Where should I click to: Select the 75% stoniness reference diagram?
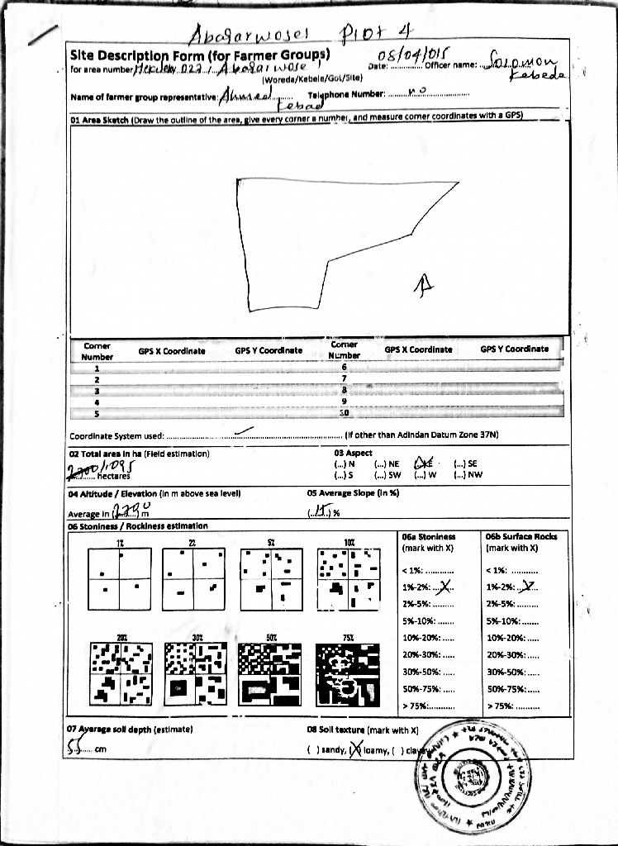tap(348, 675)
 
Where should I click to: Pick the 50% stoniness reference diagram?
tap(270, 675)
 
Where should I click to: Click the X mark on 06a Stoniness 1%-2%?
tap(445, 587)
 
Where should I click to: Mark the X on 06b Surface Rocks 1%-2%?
tap(530, 587)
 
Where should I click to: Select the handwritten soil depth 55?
tap(78, 746)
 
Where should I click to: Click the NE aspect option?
tap(387, 464)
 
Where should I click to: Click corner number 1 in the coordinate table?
tap(97, 369)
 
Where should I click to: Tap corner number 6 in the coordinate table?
tap(344, 366)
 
